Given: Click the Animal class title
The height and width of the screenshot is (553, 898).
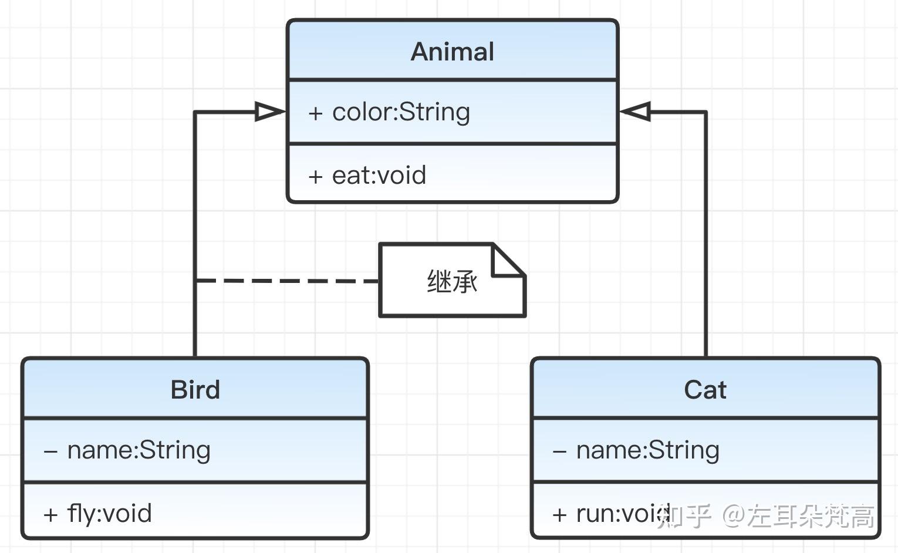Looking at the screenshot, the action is (x=452, y=52).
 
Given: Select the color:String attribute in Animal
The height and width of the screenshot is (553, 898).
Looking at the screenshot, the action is (x=401, y=112).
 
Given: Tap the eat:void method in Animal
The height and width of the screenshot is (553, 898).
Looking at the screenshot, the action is (x=379, y=176).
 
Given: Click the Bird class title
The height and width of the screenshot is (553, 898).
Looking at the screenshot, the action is (x=195, y=389).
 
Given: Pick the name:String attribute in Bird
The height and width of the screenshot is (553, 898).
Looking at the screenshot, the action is (x=139, y=450).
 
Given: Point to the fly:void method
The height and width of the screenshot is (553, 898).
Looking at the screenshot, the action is (x=109, y=513).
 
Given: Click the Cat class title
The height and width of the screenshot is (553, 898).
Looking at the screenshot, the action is (x=705, y=389).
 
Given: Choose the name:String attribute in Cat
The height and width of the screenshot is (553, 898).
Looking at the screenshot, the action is (x=648, y=450).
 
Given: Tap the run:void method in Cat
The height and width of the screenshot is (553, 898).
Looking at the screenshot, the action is (x=623, y=513).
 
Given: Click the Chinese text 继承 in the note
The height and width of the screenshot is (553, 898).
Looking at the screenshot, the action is (x=452, y=282).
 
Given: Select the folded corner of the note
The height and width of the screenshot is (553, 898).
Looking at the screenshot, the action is (x=508, y=260).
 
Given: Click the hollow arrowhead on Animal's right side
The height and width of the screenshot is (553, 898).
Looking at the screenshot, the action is (x=635, y=112).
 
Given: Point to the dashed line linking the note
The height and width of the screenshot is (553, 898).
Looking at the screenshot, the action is (x=286, y=281).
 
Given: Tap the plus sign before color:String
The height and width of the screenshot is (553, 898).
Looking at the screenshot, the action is (x=316, y=113).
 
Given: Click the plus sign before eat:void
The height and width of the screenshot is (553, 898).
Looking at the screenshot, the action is (x=316, y=177).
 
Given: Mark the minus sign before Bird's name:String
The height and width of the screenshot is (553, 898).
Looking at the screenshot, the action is (x=50, y=451).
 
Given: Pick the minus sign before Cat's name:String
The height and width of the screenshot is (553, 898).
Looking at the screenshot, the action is (x=560, y=451).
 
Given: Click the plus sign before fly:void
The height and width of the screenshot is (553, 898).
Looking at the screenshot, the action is (x=50, y=514).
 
